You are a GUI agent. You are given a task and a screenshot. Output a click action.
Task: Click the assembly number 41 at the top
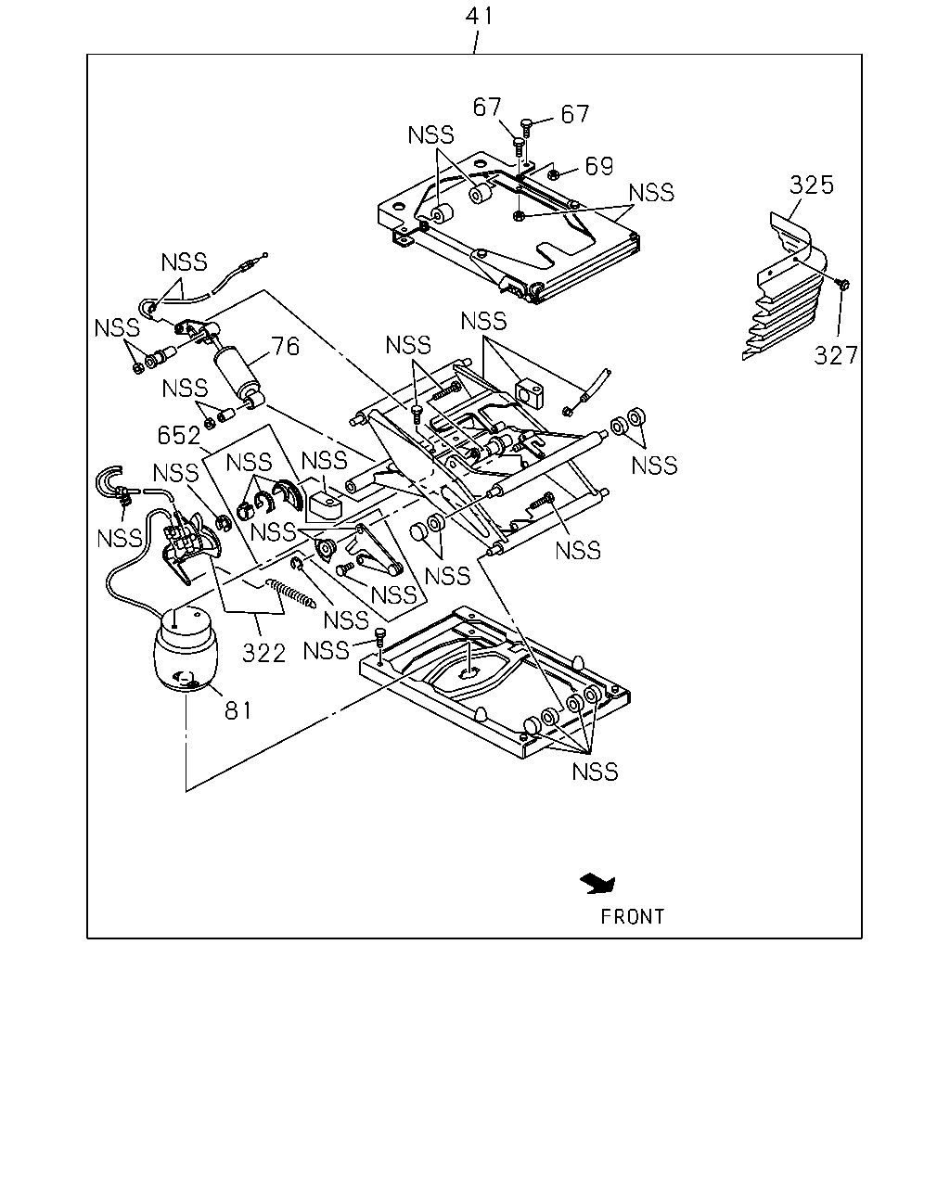coord(479,16)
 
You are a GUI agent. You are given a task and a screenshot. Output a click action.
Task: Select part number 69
coord(599,165)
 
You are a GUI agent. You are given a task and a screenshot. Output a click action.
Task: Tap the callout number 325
coord(811,185)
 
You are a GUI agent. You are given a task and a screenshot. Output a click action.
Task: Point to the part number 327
coord(836,355)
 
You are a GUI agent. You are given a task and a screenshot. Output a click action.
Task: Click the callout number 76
coord(286,347)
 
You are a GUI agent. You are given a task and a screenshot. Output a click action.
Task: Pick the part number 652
coord(179,435)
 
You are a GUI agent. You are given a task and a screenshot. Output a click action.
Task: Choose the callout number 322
coord(263,653)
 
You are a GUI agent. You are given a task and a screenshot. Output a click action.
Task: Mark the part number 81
coord(238,710)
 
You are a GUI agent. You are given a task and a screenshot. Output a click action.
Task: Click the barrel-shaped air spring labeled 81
coord(185,648)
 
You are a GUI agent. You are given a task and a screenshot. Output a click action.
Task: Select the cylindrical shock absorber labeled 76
coord(238,376)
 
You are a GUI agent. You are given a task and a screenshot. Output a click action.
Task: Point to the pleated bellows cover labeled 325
coord(784,287)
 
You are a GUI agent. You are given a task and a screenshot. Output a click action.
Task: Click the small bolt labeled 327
coord(843,284)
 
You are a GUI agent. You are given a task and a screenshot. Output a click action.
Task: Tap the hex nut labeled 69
coord(555,175)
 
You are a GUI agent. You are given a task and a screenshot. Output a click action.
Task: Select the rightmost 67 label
coord(575,114)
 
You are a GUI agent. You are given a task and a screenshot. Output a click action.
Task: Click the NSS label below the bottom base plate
coord(595,772)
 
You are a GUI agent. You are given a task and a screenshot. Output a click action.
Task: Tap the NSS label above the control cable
coord(184,262)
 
